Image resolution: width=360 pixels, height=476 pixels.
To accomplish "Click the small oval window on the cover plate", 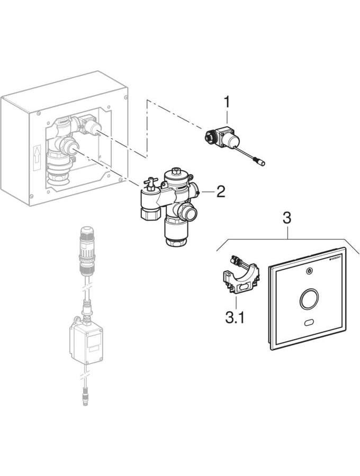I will (309, 323).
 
